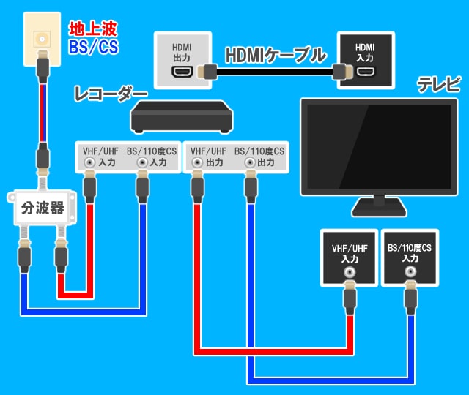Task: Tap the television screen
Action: click(377, 147)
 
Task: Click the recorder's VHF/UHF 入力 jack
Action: click(89, 163)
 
